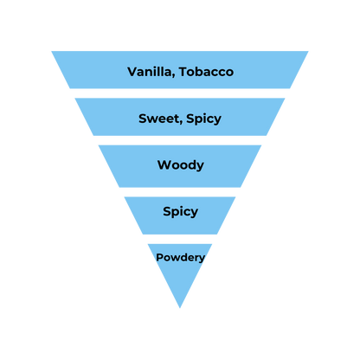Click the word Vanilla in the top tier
click(x=148, y=71)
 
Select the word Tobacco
click(x=205, y=71)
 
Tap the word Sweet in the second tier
click(x=157, y=118)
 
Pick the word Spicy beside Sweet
click(x=202, y=119)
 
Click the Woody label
click(x=180, y=164)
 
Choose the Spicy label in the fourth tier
click(x=180, y=211)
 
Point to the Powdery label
click(x=180, y=257)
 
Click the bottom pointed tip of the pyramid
click(x=180, y=309)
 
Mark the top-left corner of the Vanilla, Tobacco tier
click(x=50, y=49)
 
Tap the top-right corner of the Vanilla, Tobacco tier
click(x=310, y=49)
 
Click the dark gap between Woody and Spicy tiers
click(x=180, y=191)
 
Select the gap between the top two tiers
click(x=180, y=93)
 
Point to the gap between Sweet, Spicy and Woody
click(x=180, y=140)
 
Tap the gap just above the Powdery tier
click(x=180, y=239)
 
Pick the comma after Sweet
click(x=179, y=122)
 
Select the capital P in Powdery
click(x=159, y=257)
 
